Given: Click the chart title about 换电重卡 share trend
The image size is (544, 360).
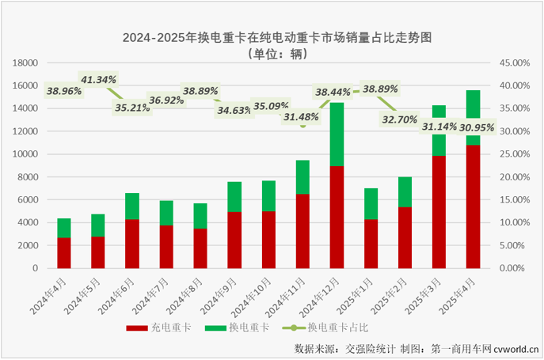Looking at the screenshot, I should [272, 37].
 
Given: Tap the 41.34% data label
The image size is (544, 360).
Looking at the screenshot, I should [98, 80].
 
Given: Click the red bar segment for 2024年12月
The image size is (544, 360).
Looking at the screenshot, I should [337, 217].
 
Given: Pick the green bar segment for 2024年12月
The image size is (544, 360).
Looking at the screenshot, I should [337, 135].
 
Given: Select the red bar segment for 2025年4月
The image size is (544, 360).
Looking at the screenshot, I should [473, 207].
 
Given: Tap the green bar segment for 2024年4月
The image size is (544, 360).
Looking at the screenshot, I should [64, 228].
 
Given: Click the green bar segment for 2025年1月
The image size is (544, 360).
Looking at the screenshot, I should [371, 203].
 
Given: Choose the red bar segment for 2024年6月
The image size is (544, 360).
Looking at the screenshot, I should [132, 244].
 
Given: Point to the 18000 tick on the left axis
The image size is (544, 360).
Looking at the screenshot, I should [28, 63].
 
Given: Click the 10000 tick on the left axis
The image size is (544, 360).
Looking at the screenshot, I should [28, 154].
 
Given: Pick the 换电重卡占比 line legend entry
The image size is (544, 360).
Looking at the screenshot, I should [327, 327].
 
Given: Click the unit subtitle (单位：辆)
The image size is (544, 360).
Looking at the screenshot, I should [272, 54].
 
